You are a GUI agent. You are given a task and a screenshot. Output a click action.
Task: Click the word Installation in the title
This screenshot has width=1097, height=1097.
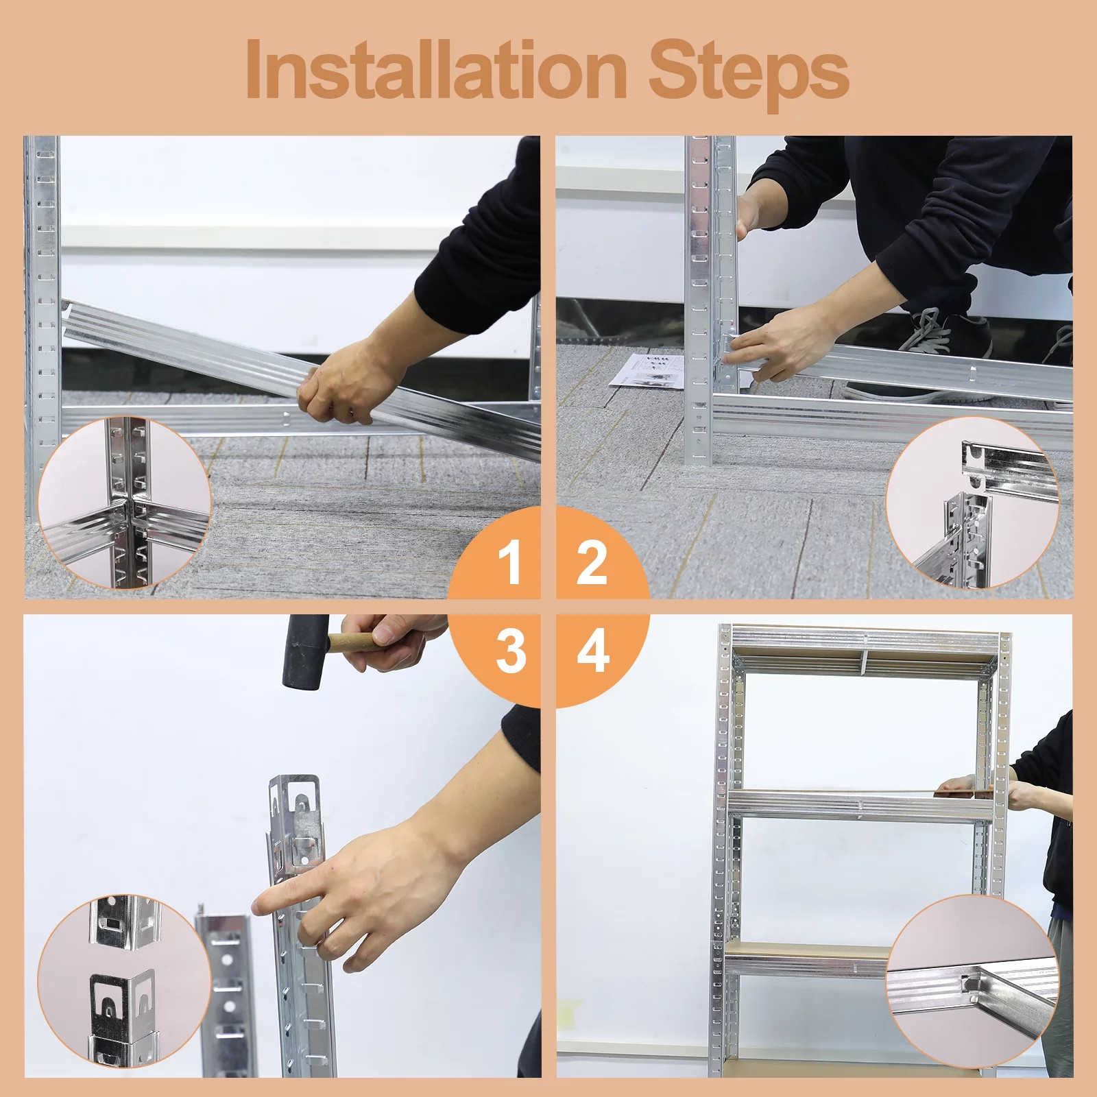437,69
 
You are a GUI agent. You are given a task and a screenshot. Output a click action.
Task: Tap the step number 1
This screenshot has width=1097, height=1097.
509,563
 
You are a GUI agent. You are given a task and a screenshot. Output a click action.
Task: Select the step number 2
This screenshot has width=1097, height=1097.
592,563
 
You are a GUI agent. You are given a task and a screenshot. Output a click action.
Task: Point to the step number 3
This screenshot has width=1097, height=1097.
511,651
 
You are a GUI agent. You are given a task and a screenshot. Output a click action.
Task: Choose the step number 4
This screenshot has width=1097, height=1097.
593,651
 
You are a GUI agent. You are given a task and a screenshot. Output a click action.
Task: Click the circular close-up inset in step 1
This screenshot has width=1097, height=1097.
124,503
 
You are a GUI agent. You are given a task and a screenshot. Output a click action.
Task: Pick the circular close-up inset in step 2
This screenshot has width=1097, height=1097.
972,503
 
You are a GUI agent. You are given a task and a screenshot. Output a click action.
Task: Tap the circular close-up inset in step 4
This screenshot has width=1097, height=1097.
972,980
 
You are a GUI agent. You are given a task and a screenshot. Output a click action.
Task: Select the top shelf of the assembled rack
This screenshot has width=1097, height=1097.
864,648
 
